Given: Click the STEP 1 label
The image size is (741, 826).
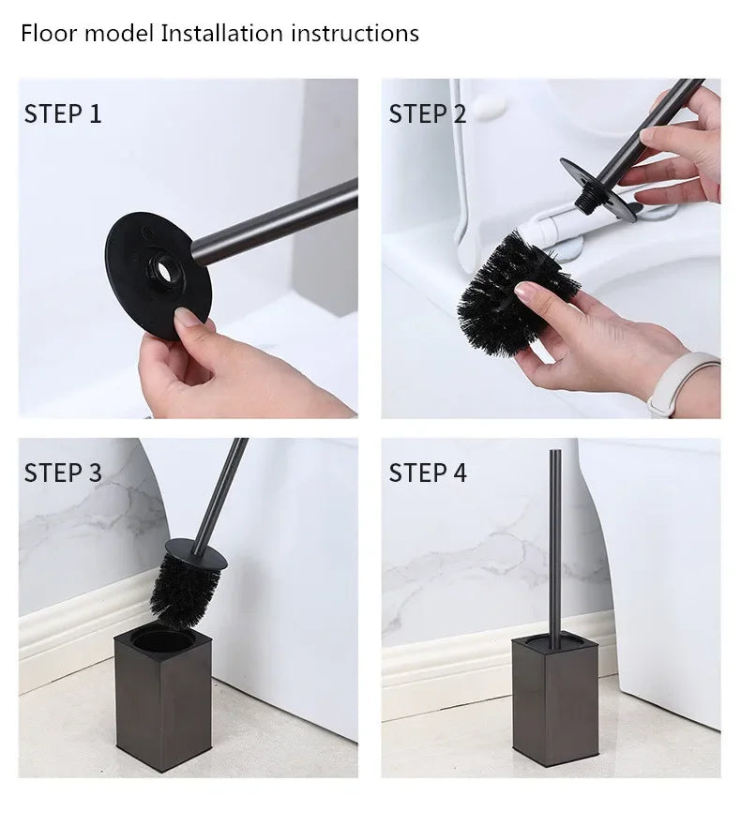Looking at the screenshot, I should point(62,114).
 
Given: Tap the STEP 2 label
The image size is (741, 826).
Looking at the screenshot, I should point(427,114).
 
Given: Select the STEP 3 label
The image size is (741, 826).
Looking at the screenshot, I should point(62,472).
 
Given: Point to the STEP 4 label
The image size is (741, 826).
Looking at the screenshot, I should point(427,472).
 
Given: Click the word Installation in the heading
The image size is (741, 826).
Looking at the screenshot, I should point(222,34).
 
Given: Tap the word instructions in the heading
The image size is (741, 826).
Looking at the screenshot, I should point(355,34).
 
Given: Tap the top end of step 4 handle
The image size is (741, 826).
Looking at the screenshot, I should point(551,456).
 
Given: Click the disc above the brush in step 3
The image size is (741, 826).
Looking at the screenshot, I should point(197,550).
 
